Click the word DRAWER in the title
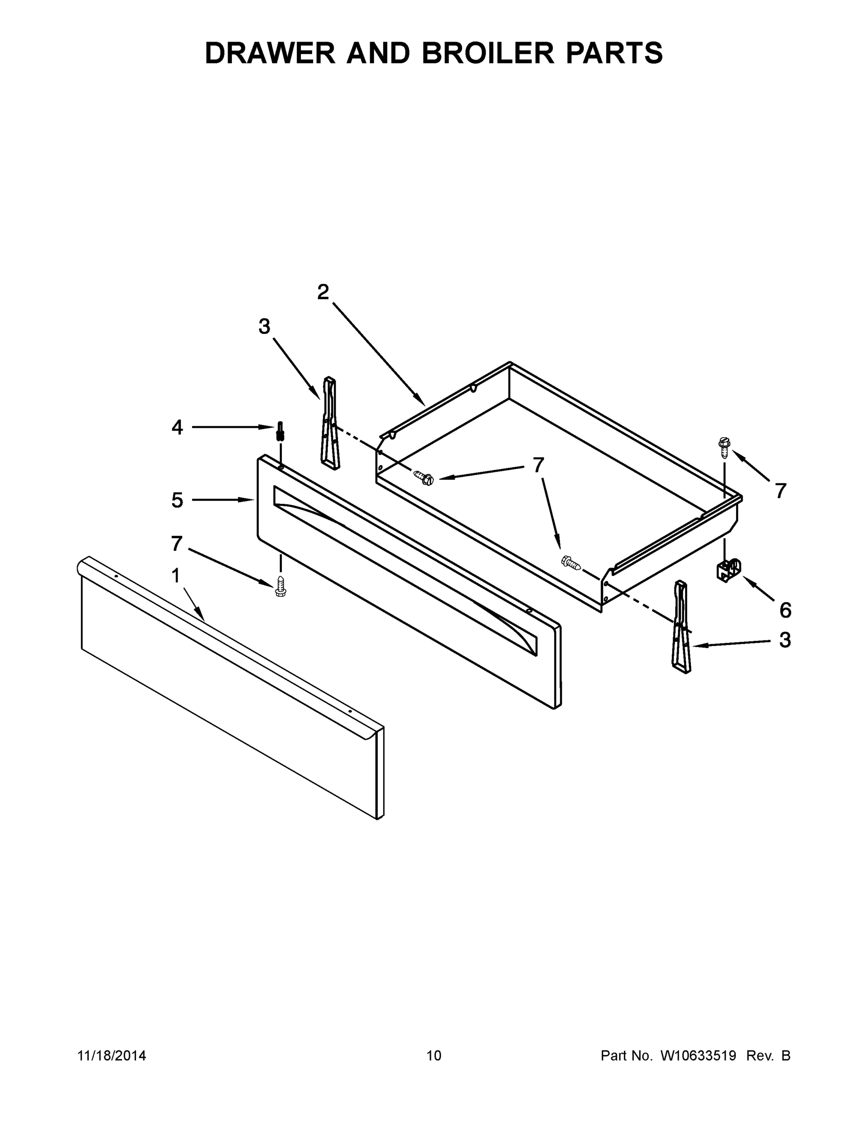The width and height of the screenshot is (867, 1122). pos(270,53)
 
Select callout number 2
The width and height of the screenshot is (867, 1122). pos(322,292)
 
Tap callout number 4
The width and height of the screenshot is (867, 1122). pos(177,427)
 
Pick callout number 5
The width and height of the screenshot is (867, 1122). pos(177,500)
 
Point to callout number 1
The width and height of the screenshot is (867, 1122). pos(176,576)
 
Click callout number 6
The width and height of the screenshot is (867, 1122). pos(785,610)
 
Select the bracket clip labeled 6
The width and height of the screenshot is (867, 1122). pos(729,570)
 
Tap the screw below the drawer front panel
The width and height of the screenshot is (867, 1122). pos(280,586)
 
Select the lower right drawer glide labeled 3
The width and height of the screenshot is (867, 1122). pos(681,627)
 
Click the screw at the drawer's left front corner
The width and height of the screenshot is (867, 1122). pos(424,478)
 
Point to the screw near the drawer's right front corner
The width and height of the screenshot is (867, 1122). pos(571,562)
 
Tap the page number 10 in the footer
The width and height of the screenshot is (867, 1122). pos(434,1056)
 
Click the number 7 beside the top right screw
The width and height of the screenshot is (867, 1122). pos(781,491)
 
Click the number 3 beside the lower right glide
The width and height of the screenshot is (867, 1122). pos(785,640)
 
